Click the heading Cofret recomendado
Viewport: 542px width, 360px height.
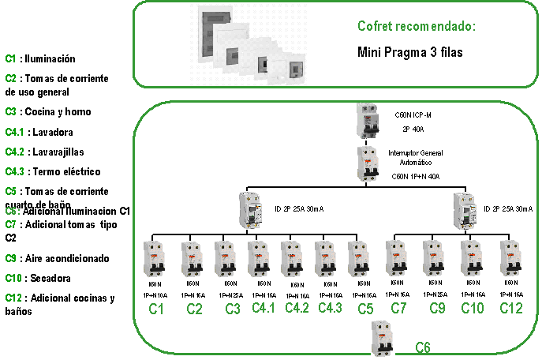[417, 26]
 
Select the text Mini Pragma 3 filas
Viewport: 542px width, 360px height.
[409, 52]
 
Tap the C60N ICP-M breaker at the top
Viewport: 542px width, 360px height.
[368, 120]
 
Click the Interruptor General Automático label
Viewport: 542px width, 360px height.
[415, 157]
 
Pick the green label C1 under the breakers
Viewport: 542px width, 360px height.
[155, 309]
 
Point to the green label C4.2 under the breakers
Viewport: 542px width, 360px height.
[297, 308]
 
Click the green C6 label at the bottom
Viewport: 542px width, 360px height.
[424, 347]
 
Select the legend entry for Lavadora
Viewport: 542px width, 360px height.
[39, 132]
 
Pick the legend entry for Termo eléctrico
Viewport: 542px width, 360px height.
[53, 171]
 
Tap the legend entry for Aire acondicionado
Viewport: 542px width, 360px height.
[57, 258]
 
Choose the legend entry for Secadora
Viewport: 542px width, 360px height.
[38, 278]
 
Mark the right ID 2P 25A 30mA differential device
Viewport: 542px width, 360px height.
[465, 209]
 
